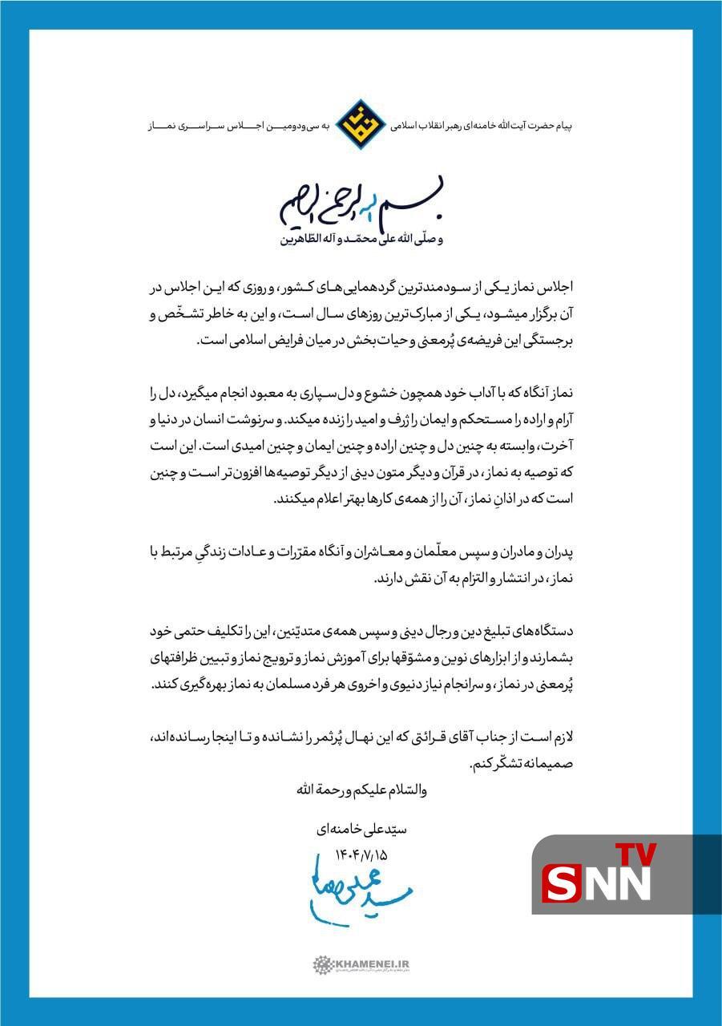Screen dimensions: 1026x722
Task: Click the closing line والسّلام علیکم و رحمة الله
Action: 361,790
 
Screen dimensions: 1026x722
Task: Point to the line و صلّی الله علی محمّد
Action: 361,240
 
